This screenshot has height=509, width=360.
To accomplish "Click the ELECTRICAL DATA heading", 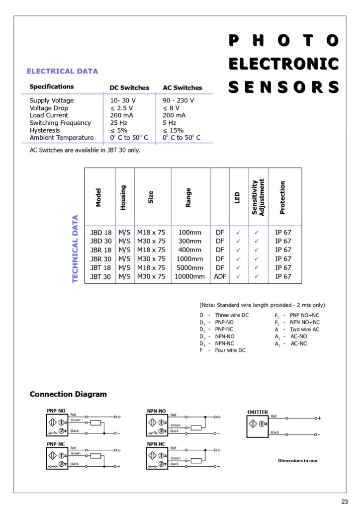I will (x=62, y=71).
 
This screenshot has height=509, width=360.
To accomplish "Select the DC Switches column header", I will (x=129, y=88).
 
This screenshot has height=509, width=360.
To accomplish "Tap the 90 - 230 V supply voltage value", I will (x=179, y=100).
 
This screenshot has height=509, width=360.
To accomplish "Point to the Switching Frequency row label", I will (x=60, y=123).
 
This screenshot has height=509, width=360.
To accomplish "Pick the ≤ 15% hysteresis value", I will (x=173, y=130).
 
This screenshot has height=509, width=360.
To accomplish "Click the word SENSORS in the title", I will (x=283, y=87).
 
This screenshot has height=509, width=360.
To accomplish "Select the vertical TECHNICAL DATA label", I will (x=76, y=249).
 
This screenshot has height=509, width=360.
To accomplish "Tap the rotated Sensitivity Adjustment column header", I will (x=258, y=197).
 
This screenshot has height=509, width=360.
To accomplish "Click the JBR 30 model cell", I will (x=100, y=258).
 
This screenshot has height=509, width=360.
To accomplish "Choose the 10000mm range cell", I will (x=189, y=276).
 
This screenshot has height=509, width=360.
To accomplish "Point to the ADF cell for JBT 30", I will (x=220, y=276).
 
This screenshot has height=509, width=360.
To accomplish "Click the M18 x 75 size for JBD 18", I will (x=151, y=232).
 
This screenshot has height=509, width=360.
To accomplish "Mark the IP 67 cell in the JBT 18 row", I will (x=283, y=267).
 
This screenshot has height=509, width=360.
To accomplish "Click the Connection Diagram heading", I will (x=68, y=394).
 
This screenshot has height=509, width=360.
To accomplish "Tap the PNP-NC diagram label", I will (x=56, y=444).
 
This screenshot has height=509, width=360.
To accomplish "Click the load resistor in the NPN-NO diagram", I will (x=196, y=427).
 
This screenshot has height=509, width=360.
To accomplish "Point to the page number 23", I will (x=345, y=501).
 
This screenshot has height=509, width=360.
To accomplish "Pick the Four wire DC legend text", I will (x=230, y=350).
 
